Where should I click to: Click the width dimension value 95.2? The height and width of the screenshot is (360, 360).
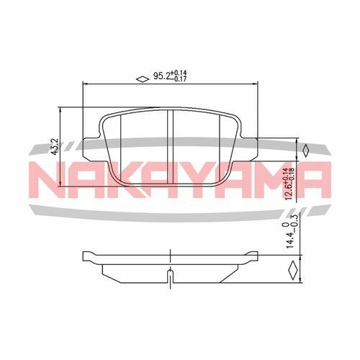point(161,76)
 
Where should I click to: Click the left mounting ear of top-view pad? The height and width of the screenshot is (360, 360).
point(91,140)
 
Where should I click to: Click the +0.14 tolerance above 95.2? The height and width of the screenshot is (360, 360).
point(181,73)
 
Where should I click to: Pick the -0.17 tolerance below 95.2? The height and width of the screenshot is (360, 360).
point(181,81)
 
